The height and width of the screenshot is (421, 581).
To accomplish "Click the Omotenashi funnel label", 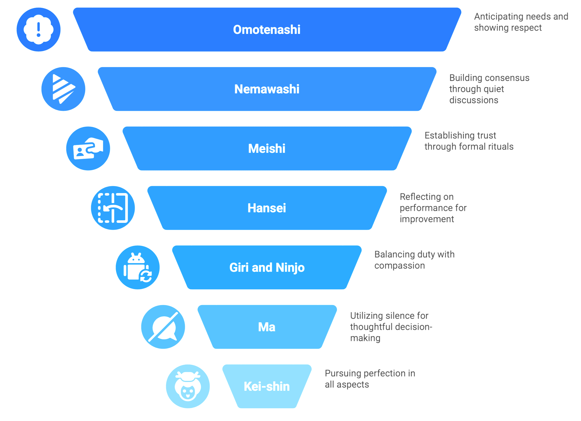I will click(267, 30).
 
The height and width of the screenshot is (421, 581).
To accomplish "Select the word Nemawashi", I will click(267, 89).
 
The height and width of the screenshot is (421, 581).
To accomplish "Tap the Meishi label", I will click(267, 148).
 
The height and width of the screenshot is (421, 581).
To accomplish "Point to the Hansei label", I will click(267, 208).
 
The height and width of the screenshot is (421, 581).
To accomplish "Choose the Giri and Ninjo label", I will click(267, 267).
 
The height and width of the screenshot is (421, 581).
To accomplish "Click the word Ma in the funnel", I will click(267, 327).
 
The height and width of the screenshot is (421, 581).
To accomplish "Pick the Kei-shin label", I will click(267, 386).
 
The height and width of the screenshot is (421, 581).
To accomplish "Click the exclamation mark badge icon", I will click(38, 29).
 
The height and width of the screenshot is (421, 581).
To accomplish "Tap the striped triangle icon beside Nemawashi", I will click(63, 89).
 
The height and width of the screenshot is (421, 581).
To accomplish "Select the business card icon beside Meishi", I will click(88, 148).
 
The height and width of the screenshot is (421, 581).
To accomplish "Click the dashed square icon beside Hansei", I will click(113, 208).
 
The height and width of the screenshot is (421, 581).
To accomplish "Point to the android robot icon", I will click(137, 267).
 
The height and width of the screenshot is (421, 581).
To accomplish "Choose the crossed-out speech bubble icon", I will click(163, 327).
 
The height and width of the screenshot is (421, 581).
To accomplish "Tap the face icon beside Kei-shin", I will click(188, 386).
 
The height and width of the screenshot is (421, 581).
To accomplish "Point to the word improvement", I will click(427, 219).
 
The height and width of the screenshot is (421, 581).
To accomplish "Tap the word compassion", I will click(399, 266).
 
